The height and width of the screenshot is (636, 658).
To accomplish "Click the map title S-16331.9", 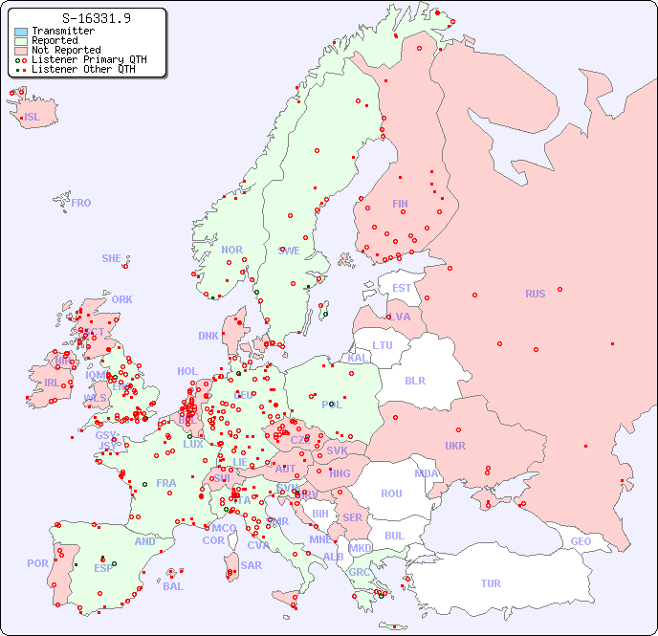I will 96,18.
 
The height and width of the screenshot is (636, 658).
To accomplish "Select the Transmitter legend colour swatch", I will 21,32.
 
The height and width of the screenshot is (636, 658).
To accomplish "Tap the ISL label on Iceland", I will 33,118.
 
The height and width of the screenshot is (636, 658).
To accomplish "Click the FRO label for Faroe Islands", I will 81,203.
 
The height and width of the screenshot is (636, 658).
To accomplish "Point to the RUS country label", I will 535,294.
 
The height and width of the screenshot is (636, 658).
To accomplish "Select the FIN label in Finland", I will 400,204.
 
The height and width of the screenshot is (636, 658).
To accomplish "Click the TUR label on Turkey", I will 491,583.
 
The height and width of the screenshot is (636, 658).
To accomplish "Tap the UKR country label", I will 455,446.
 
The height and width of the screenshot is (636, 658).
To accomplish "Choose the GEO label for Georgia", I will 581,541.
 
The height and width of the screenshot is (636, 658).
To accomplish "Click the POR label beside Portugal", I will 37,563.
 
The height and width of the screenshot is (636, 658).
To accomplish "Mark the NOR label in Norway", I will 231,250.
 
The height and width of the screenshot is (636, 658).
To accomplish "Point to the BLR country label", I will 414,380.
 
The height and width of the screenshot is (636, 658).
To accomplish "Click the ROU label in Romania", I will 391,493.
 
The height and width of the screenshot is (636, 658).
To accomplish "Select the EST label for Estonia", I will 402,288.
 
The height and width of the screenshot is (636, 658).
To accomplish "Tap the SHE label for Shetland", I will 112,258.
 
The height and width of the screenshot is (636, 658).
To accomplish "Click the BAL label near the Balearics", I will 173,586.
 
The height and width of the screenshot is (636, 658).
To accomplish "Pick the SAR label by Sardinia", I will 251,565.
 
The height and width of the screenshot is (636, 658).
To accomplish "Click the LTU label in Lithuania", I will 383,345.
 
